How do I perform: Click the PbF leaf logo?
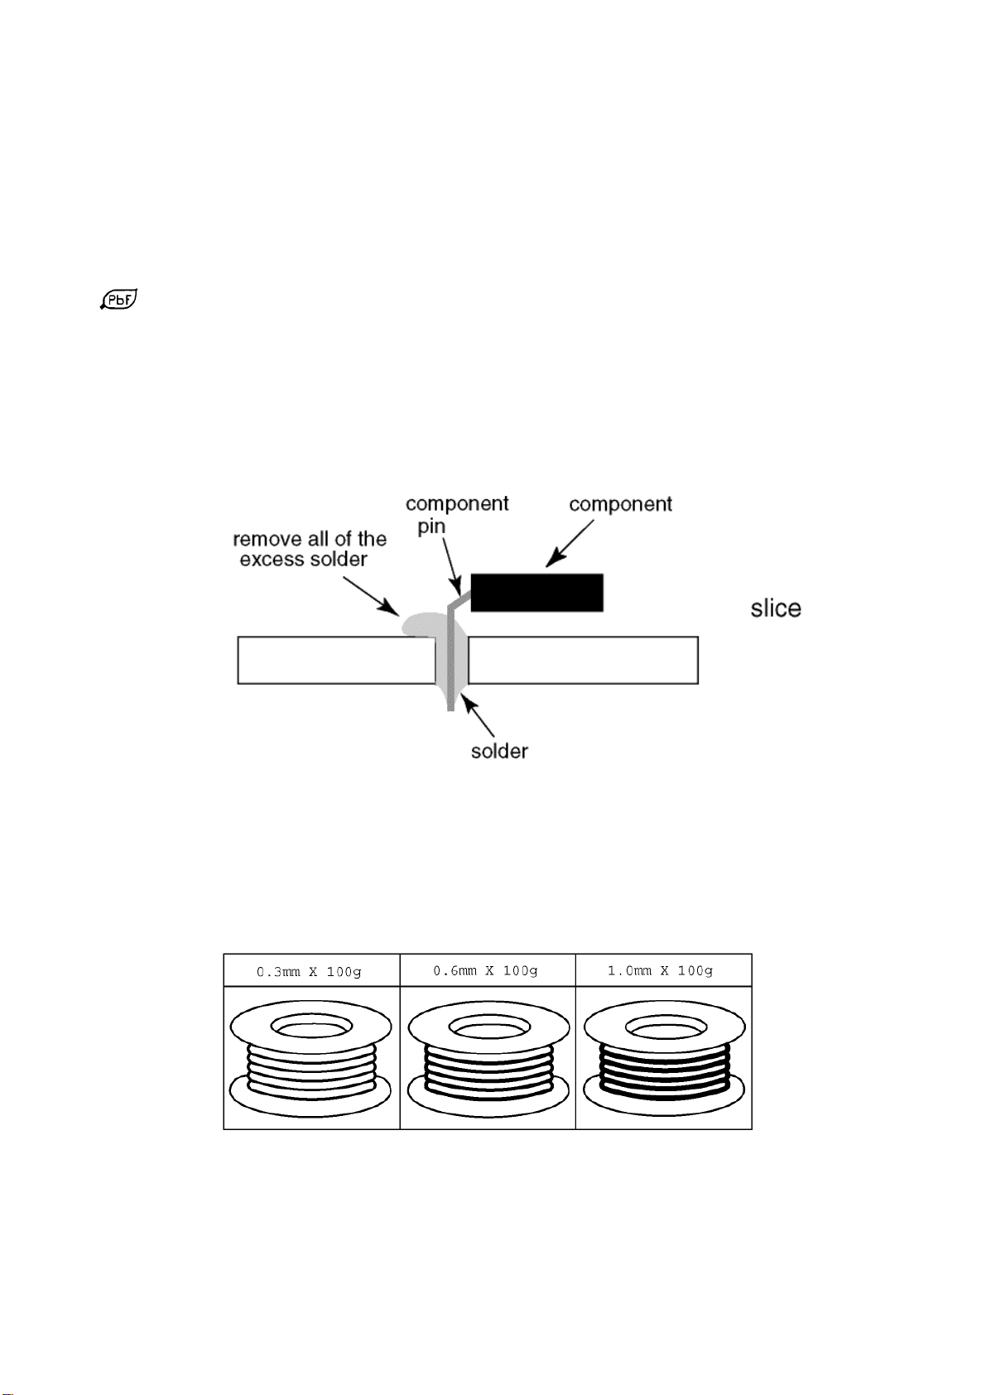click(x=118, y=300)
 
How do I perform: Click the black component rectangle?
click(x=536, y=592)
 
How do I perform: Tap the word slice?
click(x=775, y=609)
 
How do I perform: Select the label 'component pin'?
click(x=456, y=515)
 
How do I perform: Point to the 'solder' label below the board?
click(x=499, y=751)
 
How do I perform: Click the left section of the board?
click(x=335, y=660)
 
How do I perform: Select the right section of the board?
click(x=583, y=660)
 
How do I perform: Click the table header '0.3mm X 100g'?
click(x=310, y=971)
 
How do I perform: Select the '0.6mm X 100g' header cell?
click(x=487, y=970)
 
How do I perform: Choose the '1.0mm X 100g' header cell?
click(x=662, y=970)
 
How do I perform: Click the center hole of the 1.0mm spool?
click(x=664, y=1028)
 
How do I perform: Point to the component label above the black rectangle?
click(x=620, y=504)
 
